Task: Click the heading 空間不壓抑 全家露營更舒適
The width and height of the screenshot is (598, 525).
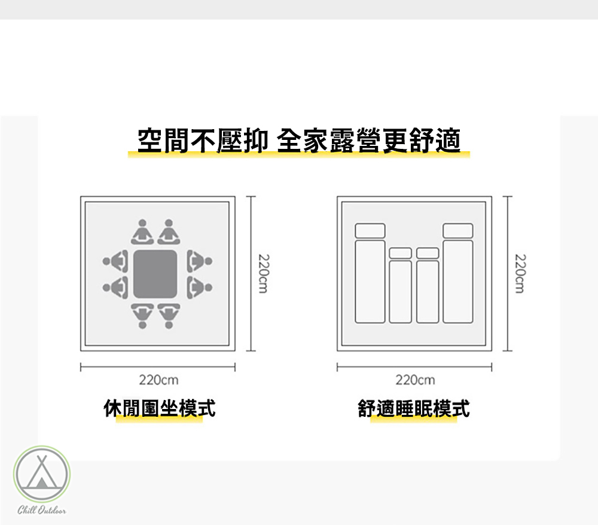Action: point(299,141)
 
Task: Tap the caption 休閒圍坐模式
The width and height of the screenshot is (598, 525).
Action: point(160,408)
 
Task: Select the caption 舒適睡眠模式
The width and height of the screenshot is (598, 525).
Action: point(414,408)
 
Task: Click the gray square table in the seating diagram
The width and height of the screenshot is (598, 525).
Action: point(155,274)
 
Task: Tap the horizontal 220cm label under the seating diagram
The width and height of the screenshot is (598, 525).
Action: point(158,380)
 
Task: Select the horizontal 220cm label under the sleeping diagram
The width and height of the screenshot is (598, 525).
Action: point(415,380)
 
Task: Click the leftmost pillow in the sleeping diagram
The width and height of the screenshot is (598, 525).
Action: point(370,231)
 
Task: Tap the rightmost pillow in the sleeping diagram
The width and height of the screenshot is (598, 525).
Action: point(458,231)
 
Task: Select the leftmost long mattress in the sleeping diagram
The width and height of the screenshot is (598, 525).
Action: point(370,282)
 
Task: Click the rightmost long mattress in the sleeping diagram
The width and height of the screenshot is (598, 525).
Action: point(458,282)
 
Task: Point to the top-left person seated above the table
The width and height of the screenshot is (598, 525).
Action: point(142,233)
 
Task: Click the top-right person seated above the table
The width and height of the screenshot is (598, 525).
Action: point(169,233)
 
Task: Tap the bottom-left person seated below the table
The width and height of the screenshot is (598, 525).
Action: point(142,316)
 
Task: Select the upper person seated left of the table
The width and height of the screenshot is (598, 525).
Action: point(116,261)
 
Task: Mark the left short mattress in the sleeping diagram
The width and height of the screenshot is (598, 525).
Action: point(400,291)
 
